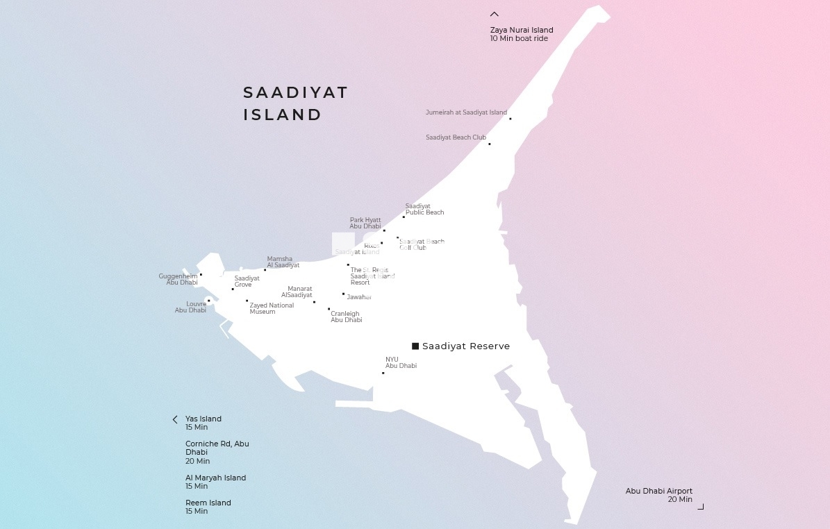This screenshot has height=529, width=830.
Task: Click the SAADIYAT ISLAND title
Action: pos(295,103)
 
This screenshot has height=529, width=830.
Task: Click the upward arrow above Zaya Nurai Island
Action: pos(495,14)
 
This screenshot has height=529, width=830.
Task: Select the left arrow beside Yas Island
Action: pos(175,419)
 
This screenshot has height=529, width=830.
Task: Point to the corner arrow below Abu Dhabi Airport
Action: pos(701,507)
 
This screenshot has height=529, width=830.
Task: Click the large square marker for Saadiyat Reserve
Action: pos(415,346)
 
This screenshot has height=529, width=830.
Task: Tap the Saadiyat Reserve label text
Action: pos(466,346)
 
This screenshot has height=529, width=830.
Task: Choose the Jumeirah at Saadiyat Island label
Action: pos(466,112)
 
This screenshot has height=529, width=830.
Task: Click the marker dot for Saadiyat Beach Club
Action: pos(490,144)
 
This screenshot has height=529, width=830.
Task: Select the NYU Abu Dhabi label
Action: pos(401,362)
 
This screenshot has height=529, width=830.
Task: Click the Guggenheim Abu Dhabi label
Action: pos(179,279)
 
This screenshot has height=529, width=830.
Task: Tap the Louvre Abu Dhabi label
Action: pos(191,307)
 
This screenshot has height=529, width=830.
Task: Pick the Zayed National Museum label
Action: pos(272,308)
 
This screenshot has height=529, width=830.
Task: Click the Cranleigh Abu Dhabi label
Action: pos(346,317)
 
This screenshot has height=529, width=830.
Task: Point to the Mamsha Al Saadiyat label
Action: pos(283,262)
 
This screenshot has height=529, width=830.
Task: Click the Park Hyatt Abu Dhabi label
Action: pos(365,223)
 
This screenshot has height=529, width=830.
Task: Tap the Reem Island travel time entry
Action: pos(208,507)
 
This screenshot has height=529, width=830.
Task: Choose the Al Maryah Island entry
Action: pos(215,482)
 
